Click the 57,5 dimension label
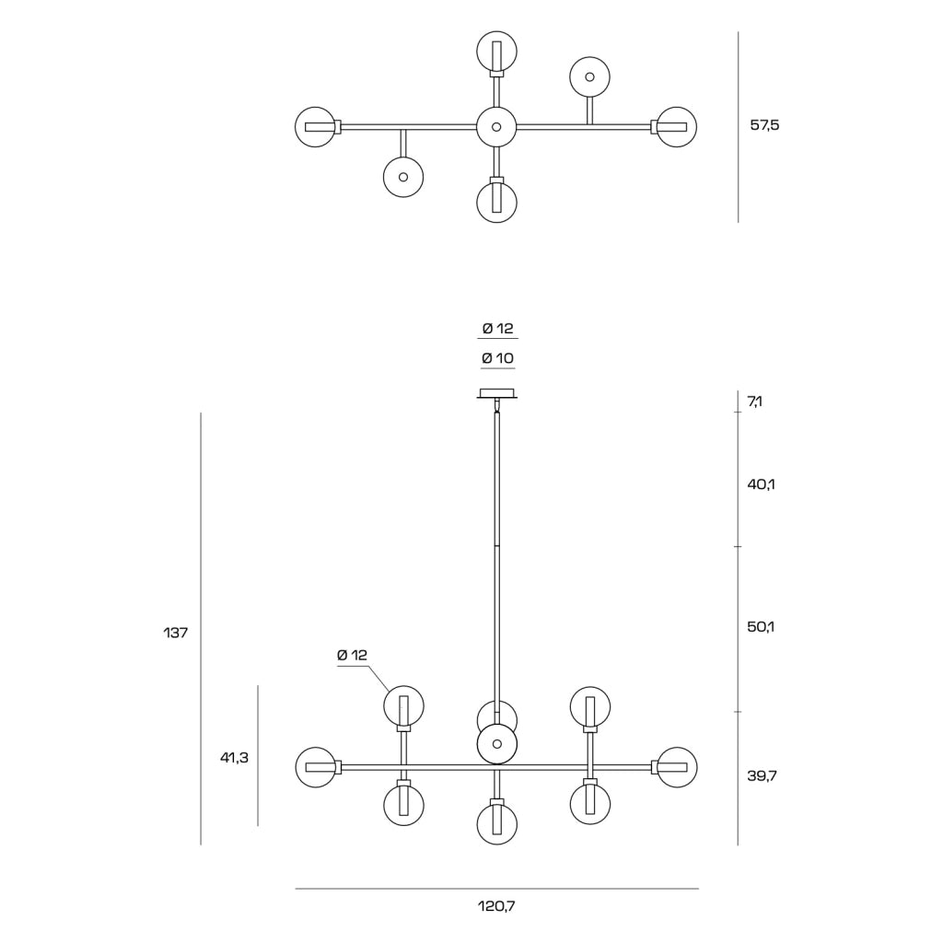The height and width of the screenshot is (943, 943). (764, 125)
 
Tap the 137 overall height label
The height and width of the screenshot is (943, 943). (176, 633)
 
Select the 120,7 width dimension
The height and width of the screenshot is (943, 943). (496, 906)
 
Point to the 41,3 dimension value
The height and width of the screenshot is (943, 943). (234, 758)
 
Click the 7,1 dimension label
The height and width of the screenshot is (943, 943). (755, 402)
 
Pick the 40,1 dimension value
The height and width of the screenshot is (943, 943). (761, 484)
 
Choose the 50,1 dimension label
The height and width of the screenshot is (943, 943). (761, 626)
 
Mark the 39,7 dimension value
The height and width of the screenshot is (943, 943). (762, 775)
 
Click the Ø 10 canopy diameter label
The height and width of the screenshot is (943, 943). (497, 358)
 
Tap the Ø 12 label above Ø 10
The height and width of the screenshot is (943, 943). (497, 329)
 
